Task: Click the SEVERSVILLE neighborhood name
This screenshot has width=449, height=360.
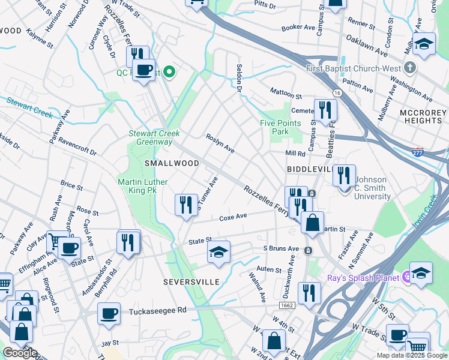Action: (190, 281)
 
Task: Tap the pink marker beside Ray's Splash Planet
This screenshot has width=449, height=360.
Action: (406, 277)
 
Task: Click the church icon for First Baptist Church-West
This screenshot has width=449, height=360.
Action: (410, 67)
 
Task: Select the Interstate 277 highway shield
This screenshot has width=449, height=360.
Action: (418, 152)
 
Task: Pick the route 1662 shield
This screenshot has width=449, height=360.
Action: (286, 305)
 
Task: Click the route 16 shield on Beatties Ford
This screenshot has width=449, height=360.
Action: (337, 93)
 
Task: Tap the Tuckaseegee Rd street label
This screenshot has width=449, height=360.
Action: (158, 311)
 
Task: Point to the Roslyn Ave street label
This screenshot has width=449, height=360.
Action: (220, 143)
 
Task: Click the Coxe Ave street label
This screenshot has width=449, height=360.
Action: (233, 217)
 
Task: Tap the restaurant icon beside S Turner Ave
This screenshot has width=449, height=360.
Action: (186, 205)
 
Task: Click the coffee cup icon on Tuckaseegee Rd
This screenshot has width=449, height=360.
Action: (109, 314)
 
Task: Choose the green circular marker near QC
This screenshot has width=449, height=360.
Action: (169, 73)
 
